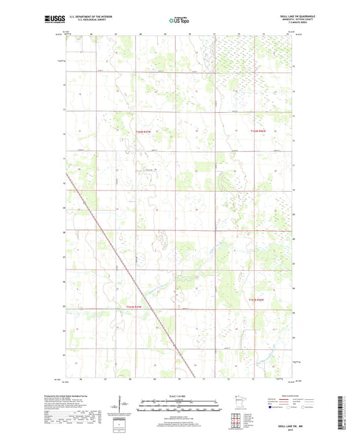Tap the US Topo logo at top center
pyautogui.click(x=177, y=21)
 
